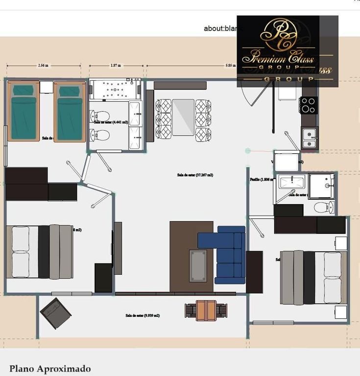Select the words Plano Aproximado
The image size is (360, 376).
tap(50, 369)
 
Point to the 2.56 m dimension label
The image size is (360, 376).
tap(43, 65)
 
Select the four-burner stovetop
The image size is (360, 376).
tap(309, 105)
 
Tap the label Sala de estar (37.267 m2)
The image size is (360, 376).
tap(195, 175)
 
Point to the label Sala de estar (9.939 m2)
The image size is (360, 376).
tap(142, 316)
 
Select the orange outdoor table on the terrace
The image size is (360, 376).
tap(206, 310)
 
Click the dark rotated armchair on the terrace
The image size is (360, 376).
tap(55, 313)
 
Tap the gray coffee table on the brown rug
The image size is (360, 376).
tap(198, 265)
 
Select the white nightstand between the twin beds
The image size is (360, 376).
tap(46, 87)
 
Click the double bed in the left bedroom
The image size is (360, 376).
tap(39, 252)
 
